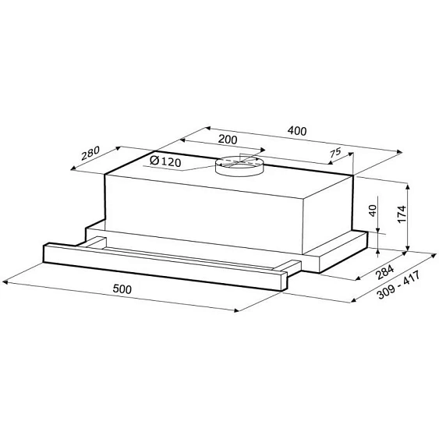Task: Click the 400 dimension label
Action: [297, 131]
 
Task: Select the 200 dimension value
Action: [228, 139]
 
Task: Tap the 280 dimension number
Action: [90, 153]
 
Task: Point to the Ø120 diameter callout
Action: [165, 161]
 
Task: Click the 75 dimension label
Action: [335, 153]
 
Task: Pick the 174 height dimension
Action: [402, 214]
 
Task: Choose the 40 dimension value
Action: [374, 211]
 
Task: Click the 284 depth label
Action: [385, 271]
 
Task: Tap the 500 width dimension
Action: [122, 289]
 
